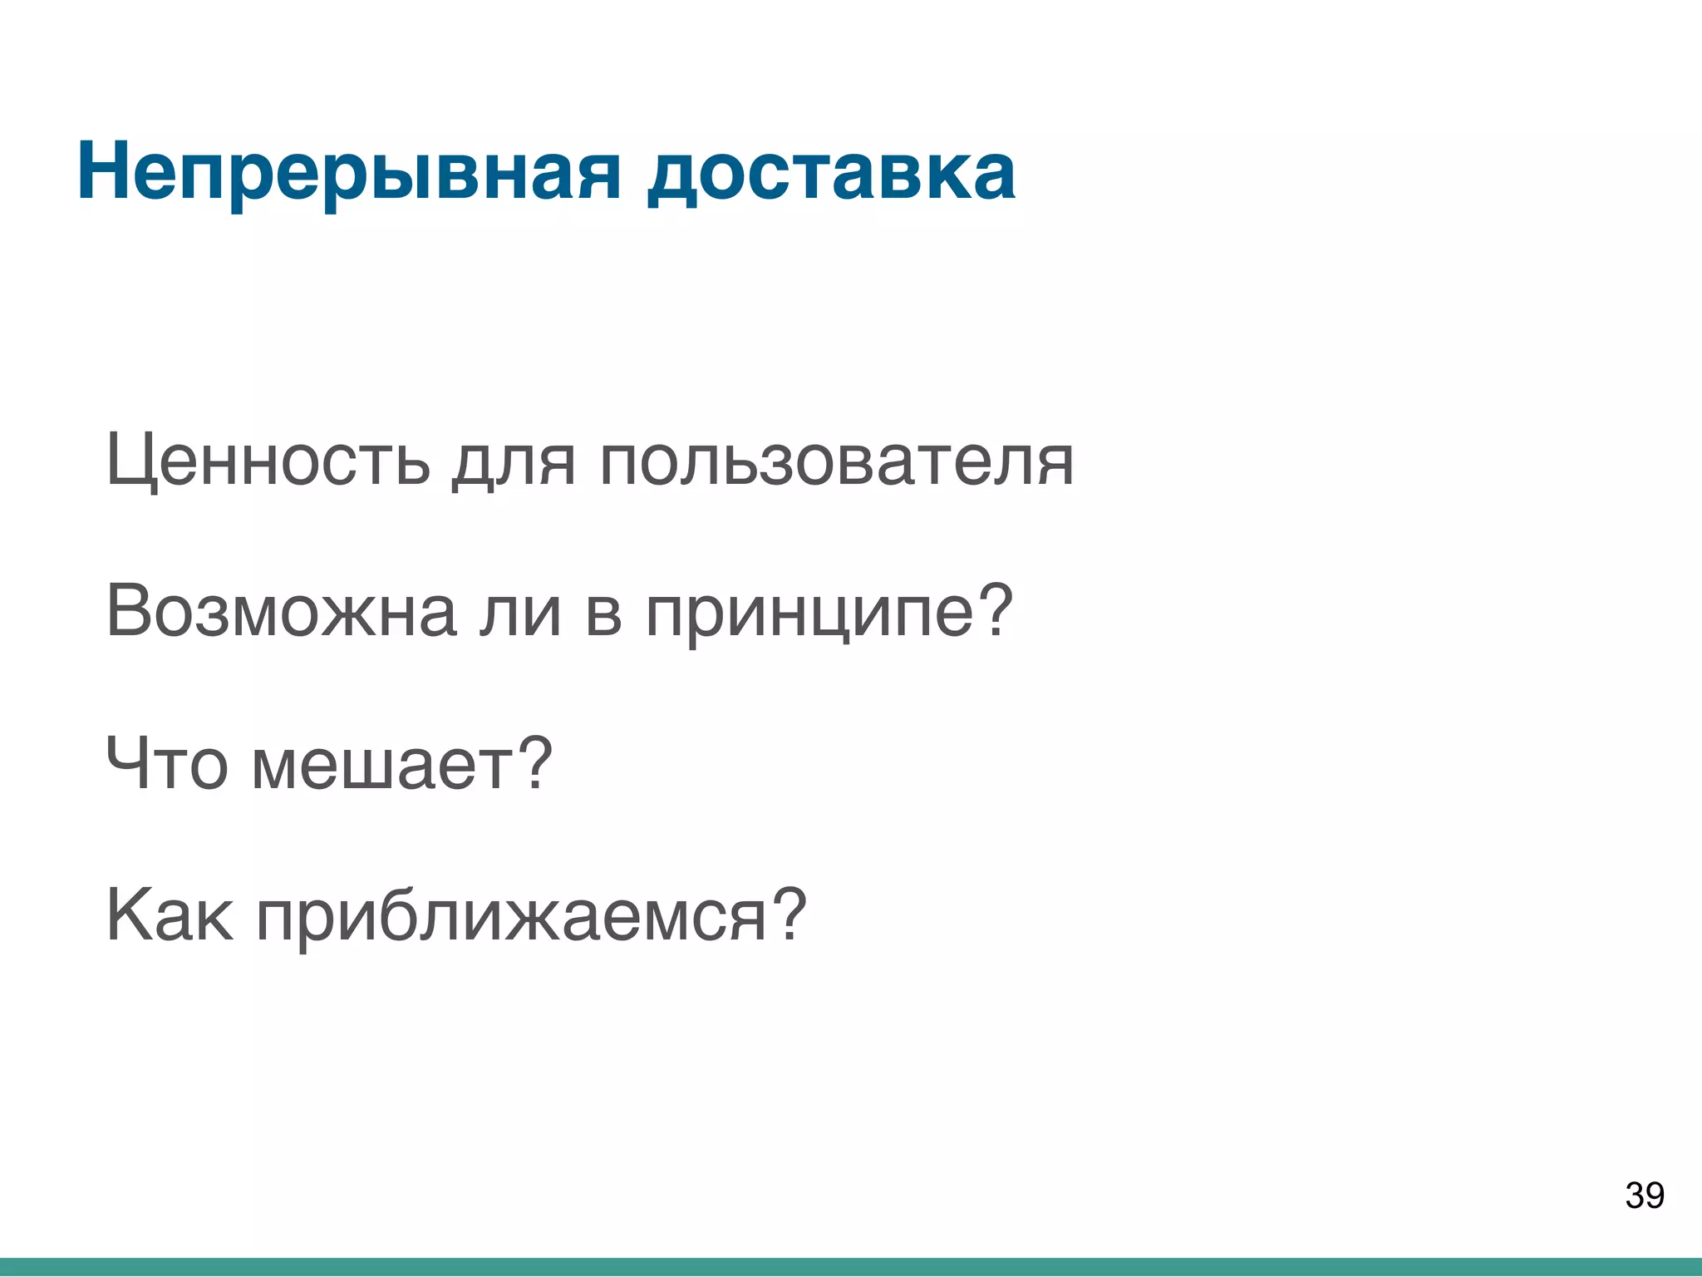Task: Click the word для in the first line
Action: click(x=514, y=461)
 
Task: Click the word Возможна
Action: click(x=281, y=611)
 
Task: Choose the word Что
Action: click(x=166, y=763)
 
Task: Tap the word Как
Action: click(x=170, y=915)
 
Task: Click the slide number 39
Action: click(x=1644, y=1196)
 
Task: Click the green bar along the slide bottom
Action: click(x=851, y=1267)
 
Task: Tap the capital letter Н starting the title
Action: click(x=103, y=172)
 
